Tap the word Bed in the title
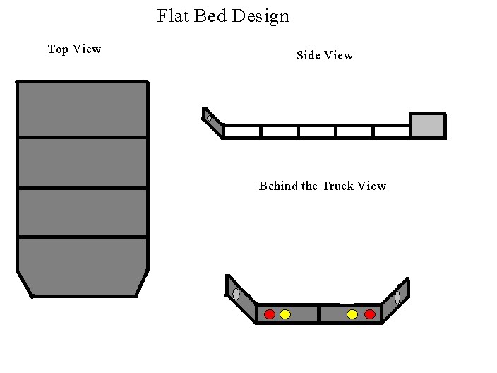tap(210, 16)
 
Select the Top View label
tap(75, 49)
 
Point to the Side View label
tap(325, 55)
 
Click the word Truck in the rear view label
tap(338, 186)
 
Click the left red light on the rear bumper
tap(270, 314)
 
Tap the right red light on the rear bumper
tap(370, 314)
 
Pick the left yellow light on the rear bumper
tap(285, 314)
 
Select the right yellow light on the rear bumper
tap(352, 314)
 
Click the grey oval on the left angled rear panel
tap(236, 294)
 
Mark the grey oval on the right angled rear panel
tap(397, 297)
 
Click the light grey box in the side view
tap(428, 126)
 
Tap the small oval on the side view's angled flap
tap(209, 118)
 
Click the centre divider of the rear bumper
tap(318, 314)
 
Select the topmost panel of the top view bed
tap(83, 109)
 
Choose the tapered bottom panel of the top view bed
tap(83, 266)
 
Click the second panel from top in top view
tap(83, 162)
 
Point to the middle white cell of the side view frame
tap(317, 131)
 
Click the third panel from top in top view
tap(83, 213)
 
